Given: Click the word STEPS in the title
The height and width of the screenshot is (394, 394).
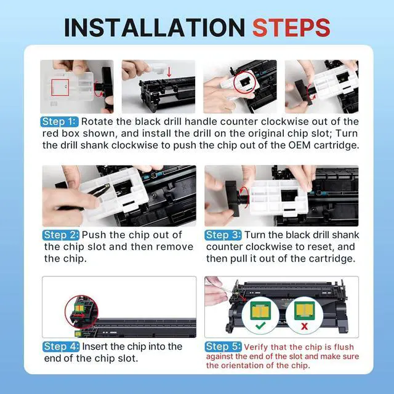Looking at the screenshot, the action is tap(291, 28).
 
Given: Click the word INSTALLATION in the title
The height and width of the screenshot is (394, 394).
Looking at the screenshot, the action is tap(155, 28).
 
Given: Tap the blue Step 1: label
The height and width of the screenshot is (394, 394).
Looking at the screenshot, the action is tap(59, 122).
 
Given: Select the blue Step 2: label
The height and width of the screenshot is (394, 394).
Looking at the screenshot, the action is tap(61, 235).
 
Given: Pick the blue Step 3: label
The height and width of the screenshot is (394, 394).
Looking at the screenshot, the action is tap(223, 235).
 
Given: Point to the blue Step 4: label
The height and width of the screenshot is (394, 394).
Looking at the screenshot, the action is tap(61, 347).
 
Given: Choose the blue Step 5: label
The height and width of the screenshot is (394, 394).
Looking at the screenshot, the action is tap(223, 347).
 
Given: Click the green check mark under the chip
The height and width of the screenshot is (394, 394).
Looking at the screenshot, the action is tap(260, 326).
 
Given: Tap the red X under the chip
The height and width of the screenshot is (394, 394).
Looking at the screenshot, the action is tap(304, 326).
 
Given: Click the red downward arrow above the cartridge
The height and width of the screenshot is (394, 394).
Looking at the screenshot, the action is tap(169, 71).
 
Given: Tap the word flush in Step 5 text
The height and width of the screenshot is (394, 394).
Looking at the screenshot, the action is tap(344, 347).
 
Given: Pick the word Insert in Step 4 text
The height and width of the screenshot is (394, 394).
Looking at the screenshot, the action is tap(95, 347).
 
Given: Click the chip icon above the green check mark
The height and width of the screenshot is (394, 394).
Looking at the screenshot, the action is tap(260, 310).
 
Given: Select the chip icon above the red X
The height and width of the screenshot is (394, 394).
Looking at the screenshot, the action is tap(304, 310).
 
